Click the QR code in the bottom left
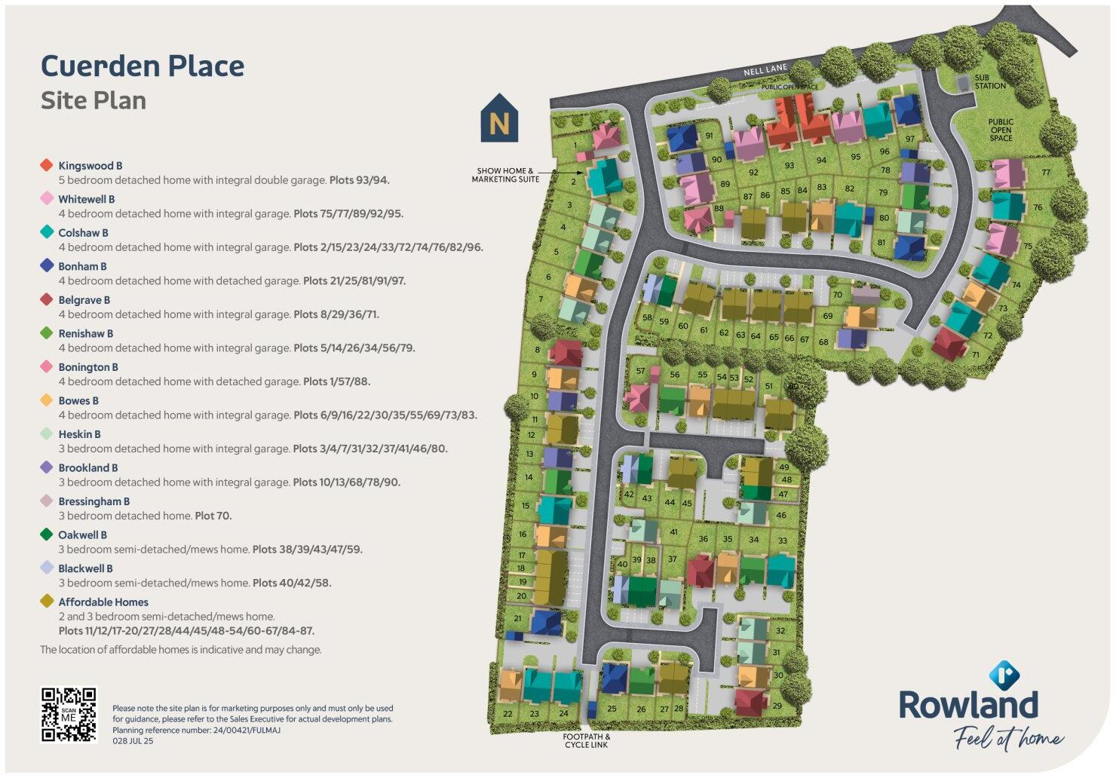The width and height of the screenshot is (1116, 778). point(69,715)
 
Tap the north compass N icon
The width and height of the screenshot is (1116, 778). point(499,119)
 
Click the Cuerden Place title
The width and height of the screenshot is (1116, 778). point(143,66)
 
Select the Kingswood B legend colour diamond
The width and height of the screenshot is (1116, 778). point(47,165)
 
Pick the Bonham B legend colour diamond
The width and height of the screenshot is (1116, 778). point(47,266)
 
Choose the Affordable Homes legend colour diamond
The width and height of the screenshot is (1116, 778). point(47,602)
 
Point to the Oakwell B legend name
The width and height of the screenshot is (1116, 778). point(82,535)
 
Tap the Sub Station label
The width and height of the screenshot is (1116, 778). point(989,81)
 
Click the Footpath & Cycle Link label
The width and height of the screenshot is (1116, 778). point(587,741)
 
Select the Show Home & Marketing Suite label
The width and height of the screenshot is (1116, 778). point(505,175)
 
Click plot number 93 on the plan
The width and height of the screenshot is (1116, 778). point(789,166)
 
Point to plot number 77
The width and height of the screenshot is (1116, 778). point(1046,173)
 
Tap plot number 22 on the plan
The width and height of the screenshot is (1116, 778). point(507,713)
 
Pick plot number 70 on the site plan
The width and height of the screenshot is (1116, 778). point(837,295)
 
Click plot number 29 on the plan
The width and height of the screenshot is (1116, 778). point(777,706)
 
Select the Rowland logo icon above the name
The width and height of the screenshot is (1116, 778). point(1004,675)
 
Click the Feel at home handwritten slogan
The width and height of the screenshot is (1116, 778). point(1008,738)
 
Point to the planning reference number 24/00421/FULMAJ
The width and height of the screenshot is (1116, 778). point(238,731)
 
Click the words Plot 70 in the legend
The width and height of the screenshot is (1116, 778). point(213,516)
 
